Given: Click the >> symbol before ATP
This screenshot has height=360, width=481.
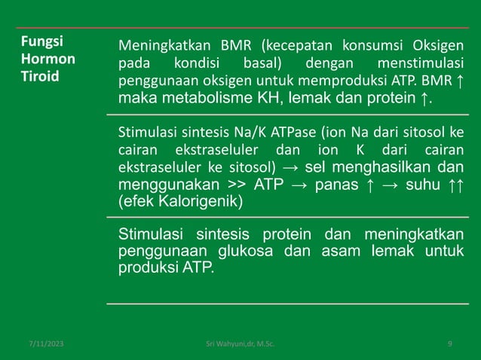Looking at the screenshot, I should [x=232, y=185].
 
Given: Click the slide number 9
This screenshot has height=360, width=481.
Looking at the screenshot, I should [x=449, y=343].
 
